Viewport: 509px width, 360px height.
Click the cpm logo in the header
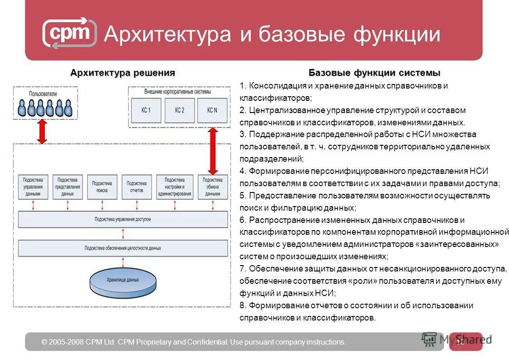pos(69,33)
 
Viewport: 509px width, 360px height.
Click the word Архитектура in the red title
pos(167,35)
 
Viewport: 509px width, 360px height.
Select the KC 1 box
pos(146,110)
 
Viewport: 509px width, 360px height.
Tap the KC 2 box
pos(180,110)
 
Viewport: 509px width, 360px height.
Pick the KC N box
pos(212,110)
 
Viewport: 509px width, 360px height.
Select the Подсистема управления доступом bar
pos(123,219)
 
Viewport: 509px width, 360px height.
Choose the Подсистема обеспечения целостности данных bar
pos(123,248)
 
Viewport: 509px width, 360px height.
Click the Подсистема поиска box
pos(102,187)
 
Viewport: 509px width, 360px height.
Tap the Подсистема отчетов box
pos(137,187)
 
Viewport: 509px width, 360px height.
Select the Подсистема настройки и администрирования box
pos(175,187)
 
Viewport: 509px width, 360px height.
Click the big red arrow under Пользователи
pos(42,131)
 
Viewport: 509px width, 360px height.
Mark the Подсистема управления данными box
pos(33,187)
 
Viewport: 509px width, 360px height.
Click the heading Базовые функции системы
pos(374,73)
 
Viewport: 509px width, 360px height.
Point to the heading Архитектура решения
pos(122,73)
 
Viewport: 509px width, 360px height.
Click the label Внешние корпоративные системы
pos(177,92)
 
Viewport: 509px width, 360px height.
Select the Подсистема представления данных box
pos(68,187)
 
